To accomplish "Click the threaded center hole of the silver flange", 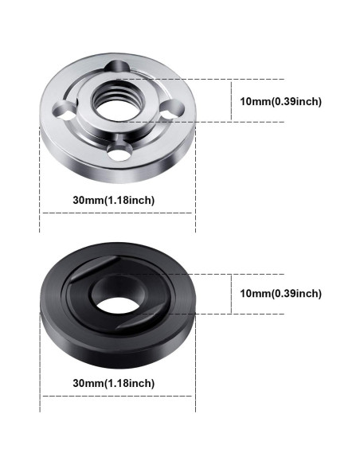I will click(x=116, y=100).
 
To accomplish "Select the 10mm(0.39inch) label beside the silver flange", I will click(x=280, y=101).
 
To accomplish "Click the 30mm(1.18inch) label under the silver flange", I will click(x=113, y=199).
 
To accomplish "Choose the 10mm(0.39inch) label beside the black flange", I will click(x=280, y=293).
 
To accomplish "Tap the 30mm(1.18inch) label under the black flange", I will click(x=113, y=383).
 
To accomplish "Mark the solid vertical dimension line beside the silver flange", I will click(x=232, y=100).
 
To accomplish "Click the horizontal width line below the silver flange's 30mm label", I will click(x=117, y=213).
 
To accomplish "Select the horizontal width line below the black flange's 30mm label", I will click(x=117, y=397).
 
